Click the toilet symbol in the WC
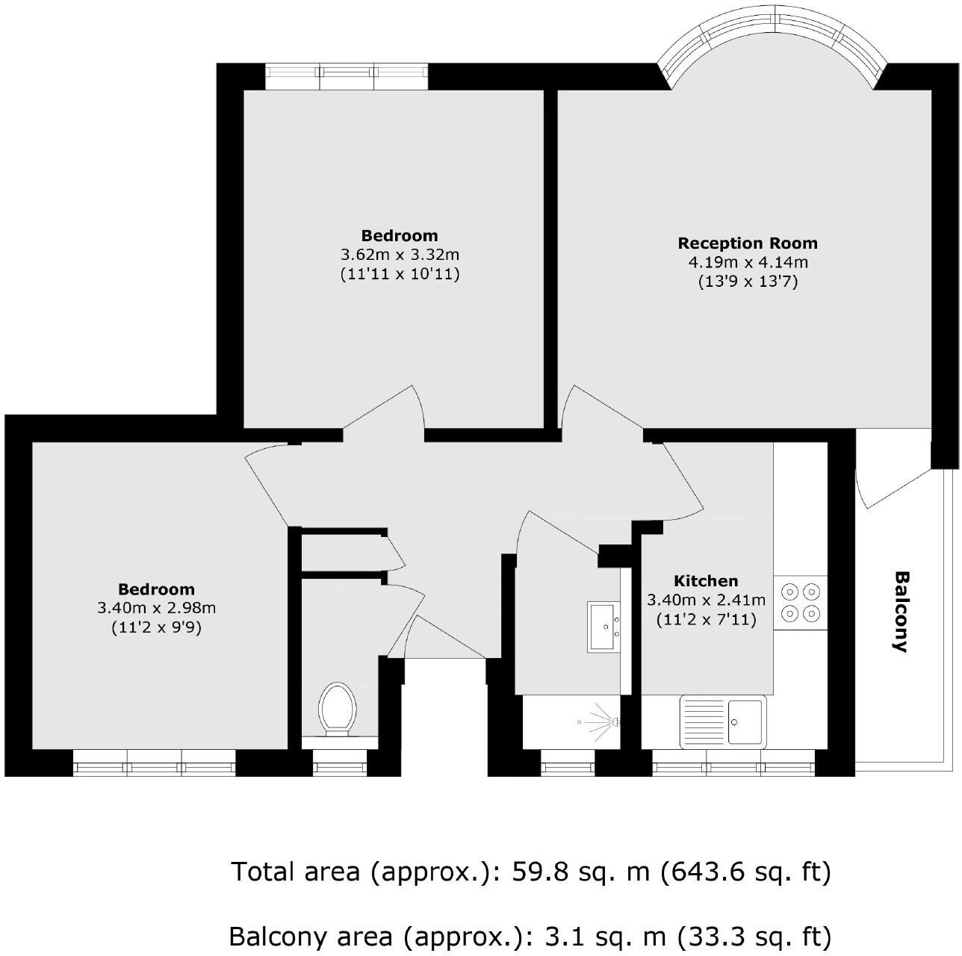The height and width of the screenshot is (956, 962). pyautogui.click(x=336, y=710)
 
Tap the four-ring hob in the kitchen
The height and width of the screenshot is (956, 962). pyautogui.click(x=800, y=603)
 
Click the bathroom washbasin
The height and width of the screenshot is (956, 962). pyautogui.click(x=604, y=627)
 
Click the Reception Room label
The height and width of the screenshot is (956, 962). pyautogui.click(x=747, y=243)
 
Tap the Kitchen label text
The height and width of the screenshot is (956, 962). pyautogui.click(x=706, y=581)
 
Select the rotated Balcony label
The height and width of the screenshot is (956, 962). pyautogui.click(x=902, y=612)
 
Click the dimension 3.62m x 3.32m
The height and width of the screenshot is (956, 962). pyautogui.click(x=400, y=255)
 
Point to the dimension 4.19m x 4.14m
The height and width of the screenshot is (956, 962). pyautogui.click(x=748, y=263)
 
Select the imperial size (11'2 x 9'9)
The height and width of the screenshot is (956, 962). pyautogui.click(x=156, y=628)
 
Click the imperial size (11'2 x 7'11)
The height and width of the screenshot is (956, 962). pyautogui.click(x=706, y=619)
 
